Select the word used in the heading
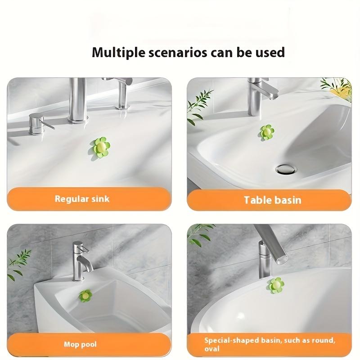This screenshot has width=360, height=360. pyautogui.click(x=270, y=52)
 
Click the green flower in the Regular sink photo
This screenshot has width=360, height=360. pyautogui.click(x=100, y=147)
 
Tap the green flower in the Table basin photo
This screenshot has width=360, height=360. pyautogui.click(x=267, y=132)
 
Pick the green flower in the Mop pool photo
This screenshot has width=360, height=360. pyautogui.click(x=85, y=296)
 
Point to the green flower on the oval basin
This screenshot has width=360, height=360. pyautogui.click(x=275, y=285)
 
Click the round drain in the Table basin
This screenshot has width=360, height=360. pyautogui.click(x=286, y=170)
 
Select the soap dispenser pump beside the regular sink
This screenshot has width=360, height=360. pyautogui.click(x=40, y=124)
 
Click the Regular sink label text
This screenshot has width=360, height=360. pyautogui.click(x=82, y=199)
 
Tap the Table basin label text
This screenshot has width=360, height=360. pyautogui.click(x=273, y=200)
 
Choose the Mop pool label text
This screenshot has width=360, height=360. pyautogui.click(x=80, y=344)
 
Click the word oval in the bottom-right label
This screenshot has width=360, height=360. pyautogui.click(x=212, y=349)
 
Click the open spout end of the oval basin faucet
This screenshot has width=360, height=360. pyautogui.click(x=283, y=260)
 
